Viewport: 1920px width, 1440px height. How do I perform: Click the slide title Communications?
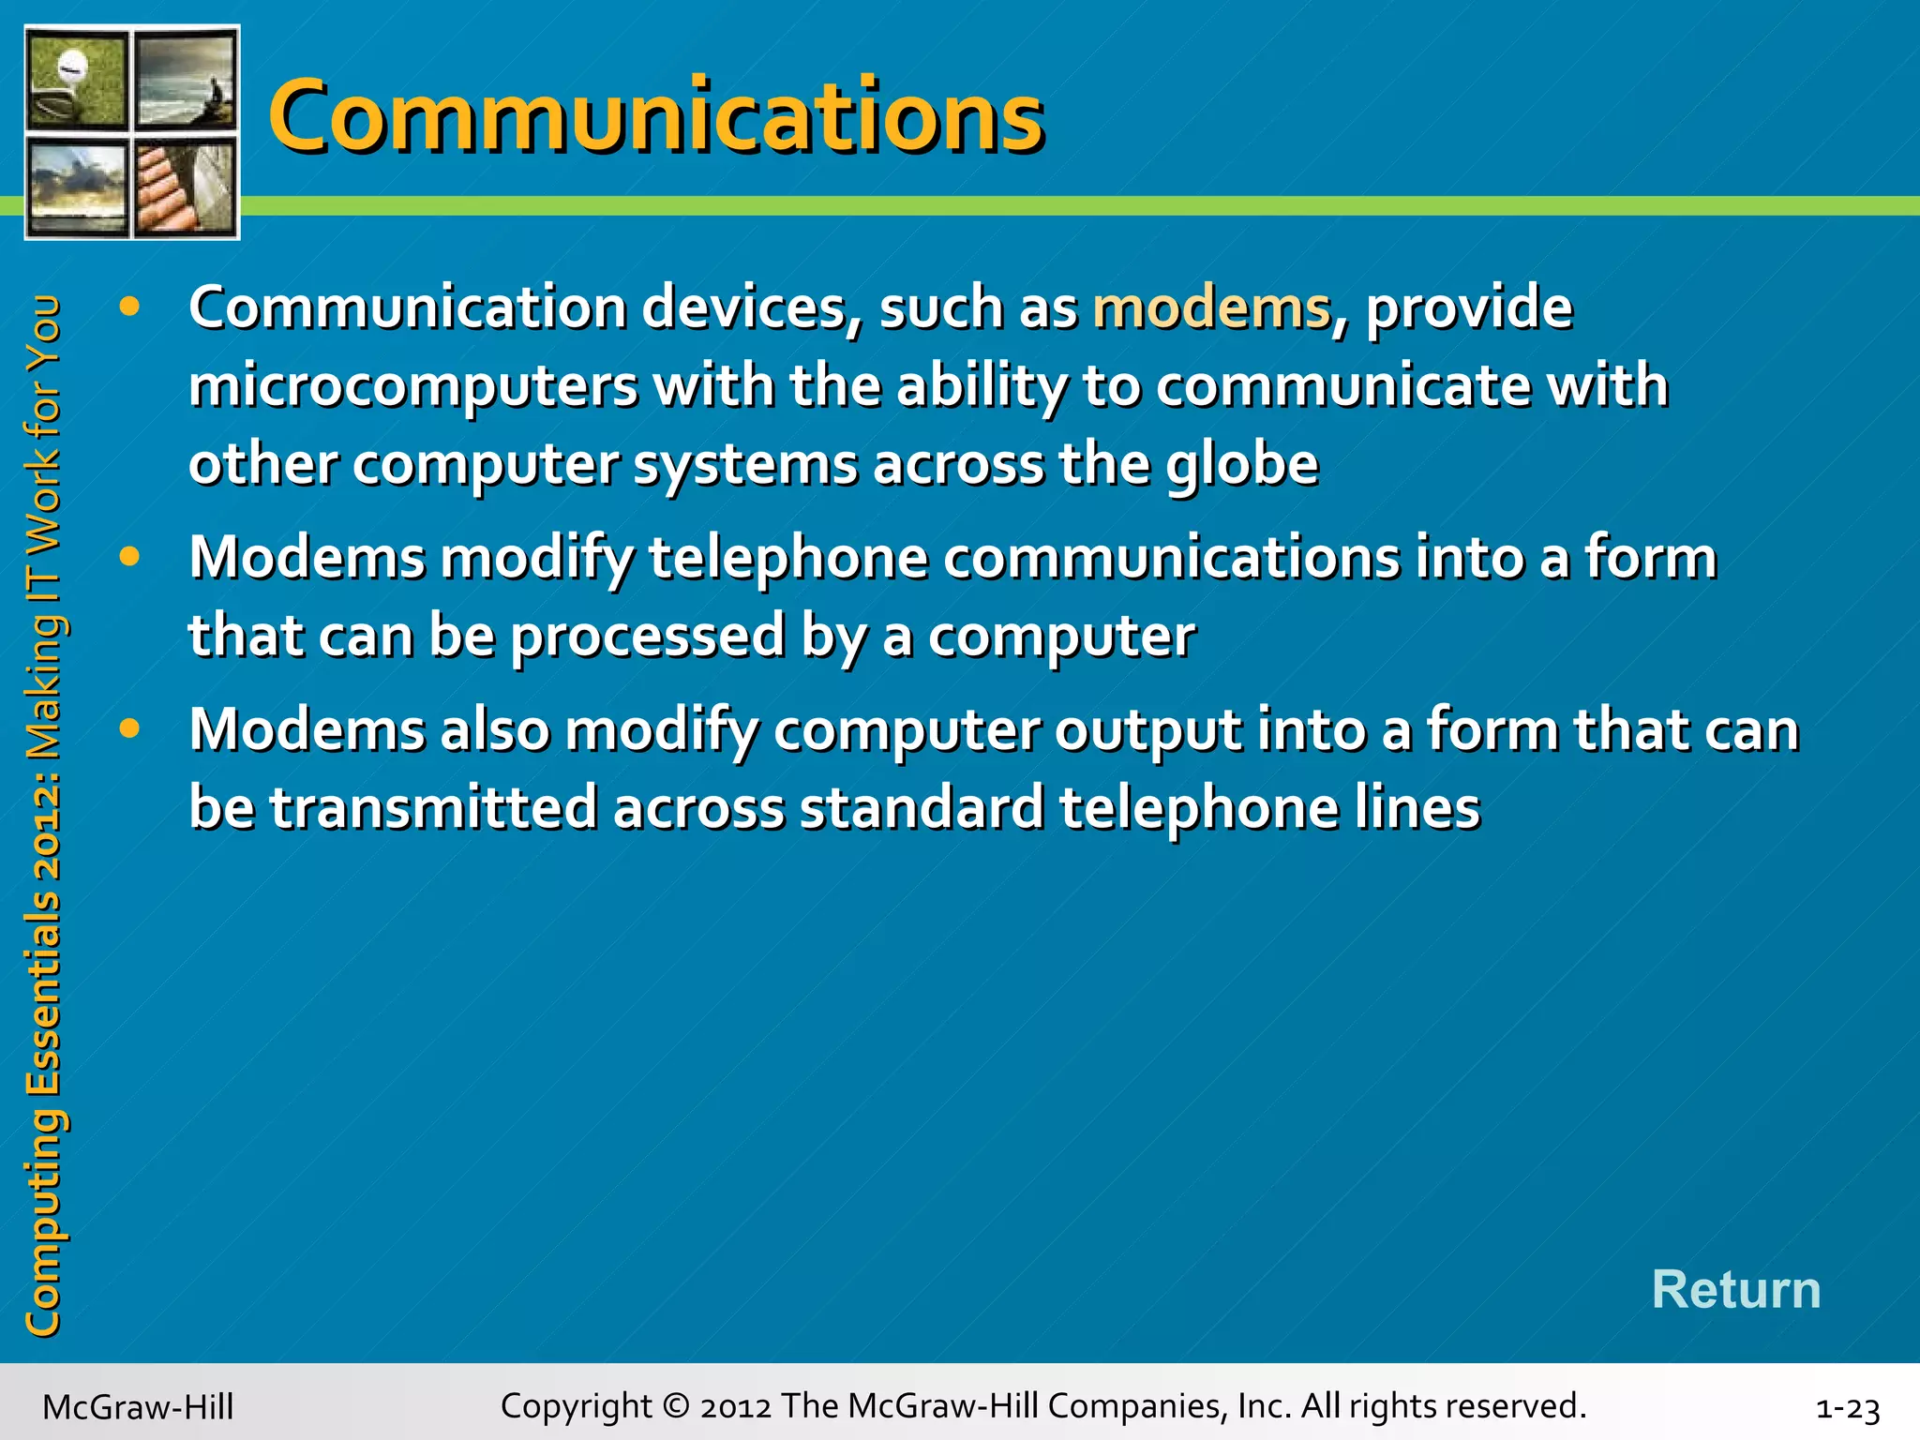pos(656,116)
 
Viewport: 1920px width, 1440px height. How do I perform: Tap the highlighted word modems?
pos(1212,307)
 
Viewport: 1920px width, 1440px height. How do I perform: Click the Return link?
pos(1735,1289)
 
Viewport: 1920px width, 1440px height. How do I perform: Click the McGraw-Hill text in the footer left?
pos(138,1407)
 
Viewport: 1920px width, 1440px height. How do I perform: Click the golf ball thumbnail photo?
pos(76,79)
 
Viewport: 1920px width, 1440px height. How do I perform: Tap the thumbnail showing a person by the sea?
pos(186,79)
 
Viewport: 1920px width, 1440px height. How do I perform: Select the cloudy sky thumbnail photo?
pos(76,187)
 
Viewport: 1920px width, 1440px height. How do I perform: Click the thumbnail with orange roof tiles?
pos(186,187)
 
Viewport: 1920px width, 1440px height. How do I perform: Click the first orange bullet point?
pos(129,307)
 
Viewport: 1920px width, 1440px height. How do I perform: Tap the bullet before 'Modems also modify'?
pos(129,728)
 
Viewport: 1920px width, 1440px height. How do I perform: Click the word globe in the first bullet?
pos(1242,465)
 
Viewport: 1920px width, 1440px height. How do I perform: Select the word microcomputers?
pos(413,386)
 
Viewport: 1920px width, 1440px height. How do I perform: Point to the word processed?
pos(648,637)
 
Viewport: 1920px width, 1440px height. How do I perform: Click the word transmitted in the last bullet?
pos(434,808)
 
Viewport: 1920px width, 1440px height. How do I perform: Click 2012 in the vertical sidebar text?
pos(42,826)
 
